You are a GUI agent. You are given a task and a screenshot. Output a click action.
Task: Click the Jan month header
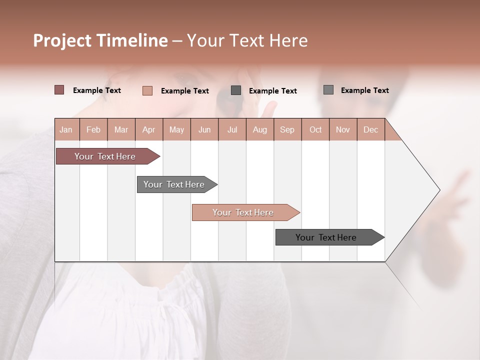(x=66, y=129)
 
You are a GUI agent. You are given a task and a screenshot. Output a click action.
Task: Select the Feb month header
(x=93, y=129)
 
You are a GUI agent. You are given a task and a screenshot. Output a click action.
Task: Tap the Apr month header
(x=148, y=129)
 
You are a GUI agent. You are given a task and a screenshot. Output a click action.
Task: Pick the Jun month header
(x=204, y=129)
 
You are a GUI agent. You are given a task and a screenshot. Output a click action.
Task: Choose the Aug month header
(x=260, y=129)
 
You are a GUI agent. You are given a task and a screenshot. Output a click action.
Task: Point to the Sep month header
(x=287, y=129)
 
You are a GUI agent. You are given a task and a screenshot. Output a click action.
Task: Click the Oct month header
(x=315, y=129)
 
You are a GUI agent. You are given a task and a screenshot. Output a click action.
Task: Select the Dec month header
(x=370, y=129)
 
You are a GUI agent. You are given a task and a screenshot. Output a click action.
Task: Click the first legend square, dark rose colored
(x=59, y=90)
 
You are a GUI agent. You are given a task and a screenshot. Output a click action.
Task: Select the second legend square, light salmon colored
(x=147, y=90)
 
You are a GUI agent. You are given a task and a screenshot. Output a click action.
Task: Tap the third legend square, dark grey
(x=236, y=90)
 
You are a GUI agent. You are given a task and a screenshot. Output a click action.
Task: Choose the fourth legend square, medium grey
(x=328, y=90)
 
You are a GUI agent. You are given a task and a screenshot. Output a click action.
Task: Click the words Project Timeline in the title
(x=100, y=40)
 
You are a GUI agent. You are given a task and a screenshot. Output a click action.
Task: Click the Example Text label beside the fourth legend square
(x=364, y=90)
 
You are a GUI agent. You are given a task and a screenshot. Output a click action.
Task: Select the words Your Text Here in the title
(x=247, y=40)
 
